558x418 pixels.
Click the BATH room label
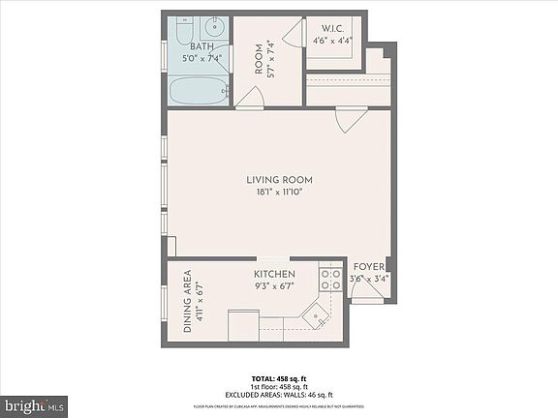(202, 45)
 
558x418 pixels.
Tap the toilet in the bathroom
(215, 26)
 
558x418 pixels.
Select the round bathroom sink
(186, 27)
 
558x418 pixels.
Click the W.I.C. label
(333, 27)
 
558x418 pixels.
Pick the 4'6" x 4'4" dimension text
(333, 40)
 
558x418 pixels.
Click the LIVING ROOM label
(279, 180)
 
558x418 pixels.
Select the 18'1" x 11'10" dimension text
(279, 193)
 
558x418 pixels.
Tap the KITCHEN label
(275, 275)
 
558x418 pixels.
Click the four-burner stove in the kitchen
(330, 280)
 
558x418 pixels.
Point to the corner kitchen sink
(314, 316)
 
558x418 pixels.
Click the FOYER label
(368, 267)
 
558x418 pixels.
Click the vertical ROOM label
(260, 59)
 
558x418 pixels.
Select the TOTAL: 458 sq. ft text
(279, 377)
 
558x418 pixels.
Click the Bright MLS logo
(34, 403)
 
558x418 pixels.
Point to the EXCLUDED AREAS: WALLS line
(279, 395)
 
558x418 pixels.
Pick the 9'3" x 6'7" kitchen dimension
(275, 287)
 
